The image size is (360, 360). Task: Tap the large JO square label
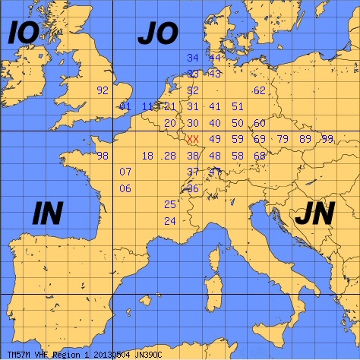[157, 34]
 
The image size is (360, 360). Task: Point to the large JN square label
[313, 215]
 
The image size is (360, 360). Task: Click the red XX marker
[193, 139]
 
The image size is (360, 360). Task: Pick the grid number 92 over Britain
[103, 90]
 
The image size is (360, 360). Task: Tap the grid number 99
[327, 139]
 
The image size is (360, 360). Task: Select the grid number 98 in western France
[103, 156]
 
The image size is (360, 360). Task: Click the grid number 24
[170, 221]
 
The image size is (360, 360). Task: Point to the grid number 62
[260, 90]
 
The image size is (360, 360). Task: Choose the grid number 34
[192, 58]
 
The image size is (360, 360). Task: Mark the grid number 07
[126, 172]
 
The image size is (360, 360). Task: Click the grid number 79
[283, 139]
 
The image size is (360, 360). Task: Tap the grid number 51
[238, 106]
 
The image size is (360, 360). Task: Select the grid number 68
[260, 156]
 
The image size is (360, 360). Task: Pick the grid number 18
[147, 156]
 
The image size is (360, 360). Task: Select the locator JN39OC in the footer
[153, 354]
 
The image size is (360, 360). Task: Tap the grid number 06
[126, 188]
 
